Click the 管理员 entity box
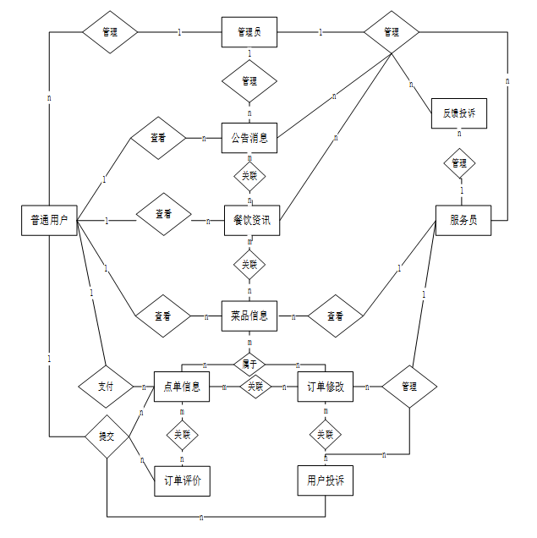coord(249,32)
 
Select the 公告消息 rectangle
coord(249,137)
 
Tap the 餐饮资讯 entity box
coord(251,220)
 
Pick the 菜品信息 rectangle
coord(249,316)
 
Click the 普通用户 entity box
coord(49,220)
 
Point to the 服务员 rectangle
coord(463,220)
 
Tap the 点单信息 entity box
coord(181,387)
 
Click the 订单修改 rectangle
coord(325,387)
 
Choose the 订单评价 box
coord(181,480)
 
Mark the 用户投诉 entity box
coord(325,480)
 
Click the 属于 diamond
coord(249,363)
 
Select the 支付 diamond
coord(106,387)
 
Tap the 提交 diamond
coord(107,436)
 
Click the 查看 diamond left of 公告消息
coord(157,137)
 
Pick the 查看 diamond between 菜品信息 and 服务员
coord(335,316)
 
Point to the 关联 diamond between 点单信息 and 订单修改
coord(255,387)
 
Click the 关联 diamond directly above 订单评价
coord(182,435)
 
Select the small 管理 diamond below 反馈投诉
coord(459,162)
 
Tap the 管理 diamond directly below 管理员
coord(249,81)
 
